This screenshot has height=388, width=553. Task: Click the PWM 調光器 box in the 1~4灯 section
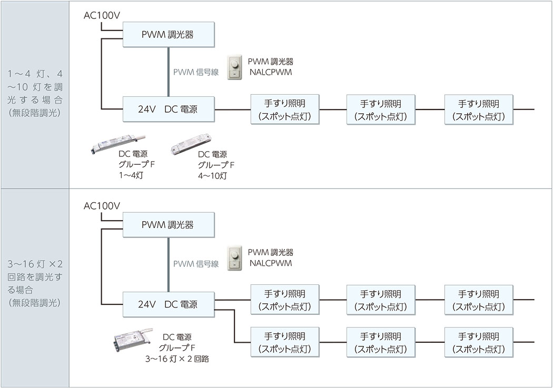[x=168, y=35]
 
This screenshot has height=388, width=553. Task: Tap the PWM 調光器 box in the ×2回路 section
[x=168, y=225]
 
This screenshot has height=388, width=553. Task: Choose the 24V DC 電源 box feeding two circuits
[x=168, y=304]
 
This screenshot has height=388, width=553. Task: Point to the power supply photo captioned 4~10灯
[x=191, y=144]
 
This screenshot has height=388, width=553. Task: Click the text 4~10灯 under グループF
[x=212, y=176]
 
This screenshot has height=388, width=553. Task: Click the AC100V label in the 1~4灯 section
[x=102, y=15]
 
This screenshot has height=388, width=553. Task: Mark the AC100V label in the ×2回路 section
[x=102, y=205]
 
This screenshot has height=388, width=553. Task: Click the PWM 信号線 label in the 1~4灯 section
[x=196, y=73]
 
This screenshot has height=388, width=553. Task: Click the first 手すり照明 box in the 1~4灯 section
[x=285, y=110]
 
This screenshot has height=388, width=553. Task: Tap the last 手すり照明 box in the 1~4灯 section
[x=478, y=110]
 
